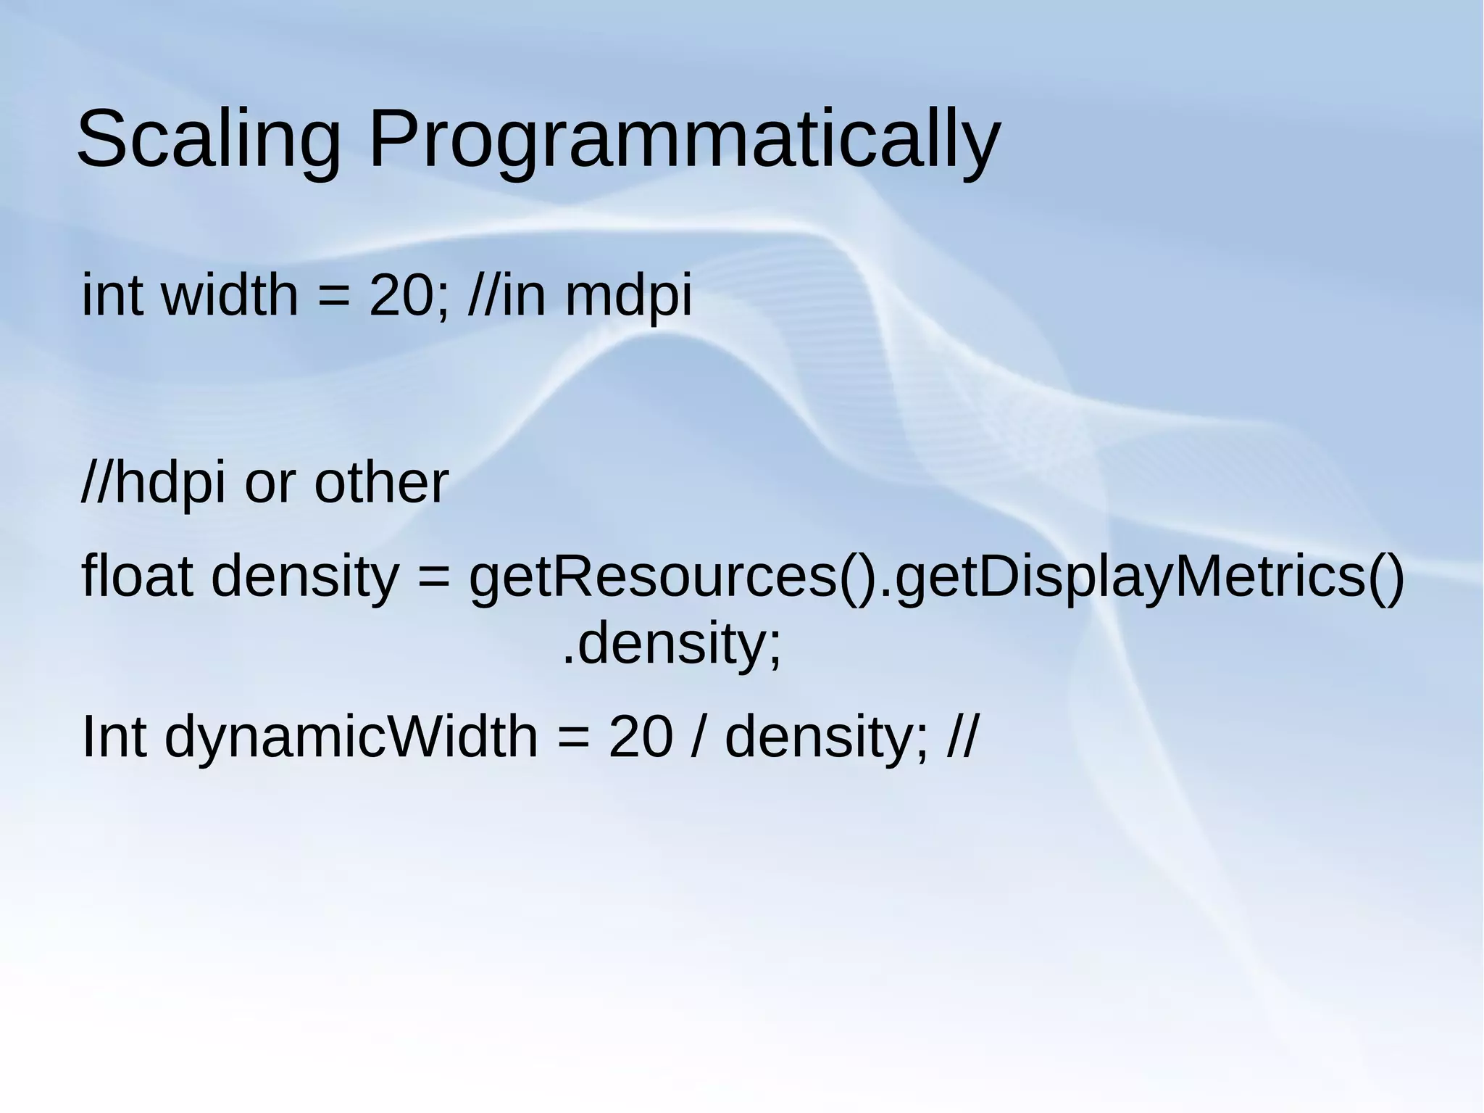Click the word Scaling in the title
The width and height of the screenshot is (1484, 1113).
209,139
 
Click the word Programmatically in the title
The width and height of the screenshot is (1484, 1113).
684,139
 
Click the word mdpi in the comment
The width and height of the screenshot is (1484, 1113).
628,297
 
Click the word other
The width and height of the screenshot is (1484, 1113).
381,484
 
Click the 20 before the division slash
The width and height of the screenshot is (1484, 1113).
640,737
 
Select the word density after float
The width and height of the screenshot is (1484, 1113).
304,578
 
